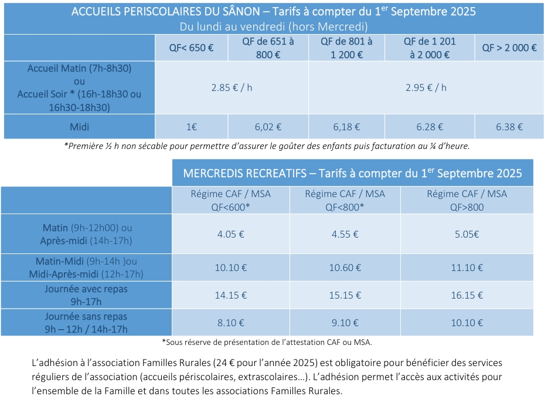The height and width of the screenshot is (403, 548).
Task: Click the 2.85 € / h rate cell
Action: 232,87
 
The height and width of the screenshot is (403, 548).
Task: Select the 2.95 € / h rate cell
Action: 426,87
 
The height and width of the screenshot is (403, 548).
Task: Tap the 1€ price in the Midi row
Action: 191,127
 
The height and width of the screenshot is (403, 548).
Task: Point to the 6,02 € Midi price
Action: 267,127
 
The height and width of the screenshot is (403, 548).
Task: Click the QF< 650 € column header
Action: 191,48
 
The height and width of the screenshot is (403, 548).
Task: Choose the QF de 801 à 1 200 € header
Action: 346,48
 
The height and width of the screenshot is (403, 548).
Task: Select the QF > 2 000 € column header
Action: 509,48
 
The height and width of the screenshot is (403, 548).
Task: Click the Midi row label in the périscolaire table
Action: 79,127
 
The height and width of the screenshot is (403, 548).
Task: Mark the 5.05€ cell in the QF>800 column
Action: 467,233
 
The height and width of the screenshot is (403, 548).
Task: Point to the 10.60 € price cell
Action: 345,268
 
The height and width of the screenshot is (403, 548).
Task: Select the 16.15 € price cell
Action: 467,295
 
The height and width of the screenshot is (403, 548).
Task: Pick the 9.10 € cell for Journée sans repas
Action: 345,322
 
